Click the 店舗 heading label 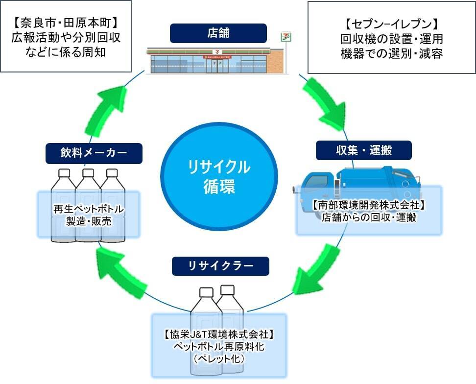[x=218, y=33]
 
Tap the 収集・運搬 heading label [x=363, y=150]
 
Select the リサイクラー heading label [x=220, y=266]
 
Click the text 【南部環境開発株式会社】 [x=368, y=205]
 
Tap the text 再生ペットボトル [x=89, y=210]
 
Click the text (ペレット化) [x=218, y=358]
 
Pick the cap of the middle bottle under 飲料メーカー [x=88, y=172]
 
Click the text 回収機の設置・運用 [x=392, y=39]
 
